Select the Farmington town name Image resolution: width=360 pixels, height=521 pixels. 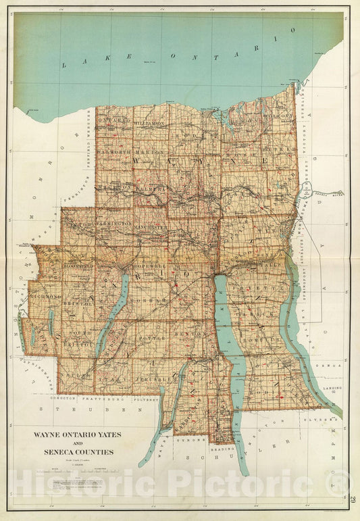pos(113,222)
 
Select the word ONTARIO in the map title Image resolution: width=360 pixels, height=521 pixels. pos(72,434)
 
